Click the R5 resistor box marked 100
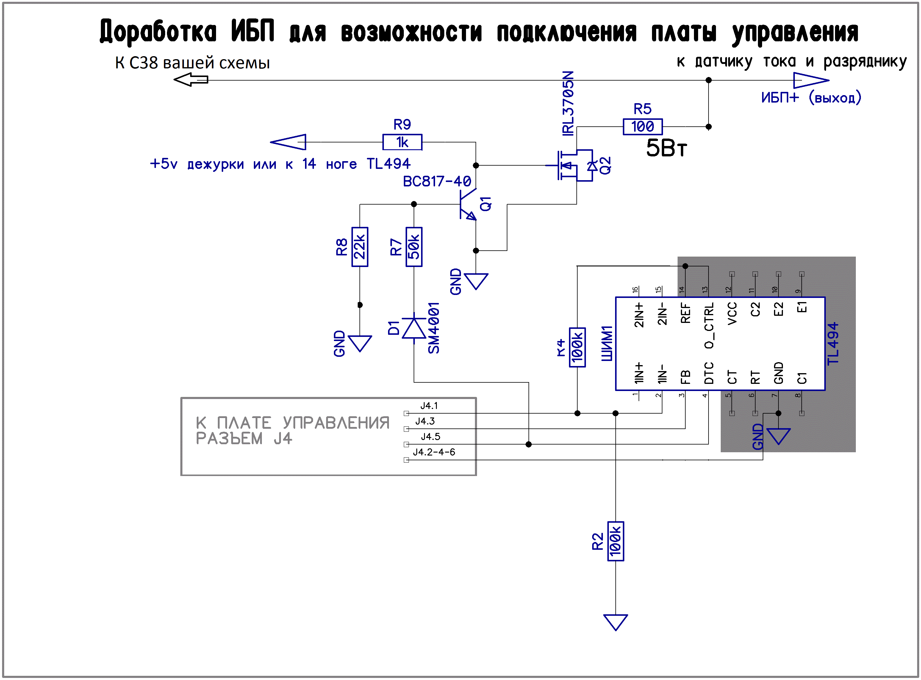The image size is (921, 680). pos(642,126)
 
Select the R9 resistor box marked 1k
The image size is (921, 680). pos(402,142)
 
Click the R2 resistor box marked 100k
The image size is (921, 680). pos(615,541)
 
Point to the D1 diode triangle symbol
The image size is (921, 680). pos(414,328)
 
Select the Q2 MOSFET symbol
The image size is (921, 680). pos(575,166)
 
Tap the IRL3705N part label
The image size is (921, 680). pos(568,103)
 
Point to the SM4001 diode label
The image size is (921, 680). pos(434,328)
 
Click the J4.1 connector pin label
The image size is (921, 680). pos(429,406)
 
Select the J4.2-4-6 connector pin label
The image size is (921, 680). pos(434,452)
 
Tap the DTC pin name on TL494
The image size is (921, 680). pos(709,373)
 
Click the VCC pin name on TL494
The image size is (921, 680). pos(732,314)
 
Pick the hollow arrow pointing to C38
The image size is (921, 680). pos(191,79)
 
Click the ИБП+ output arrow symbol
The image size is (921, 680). pos(810,80)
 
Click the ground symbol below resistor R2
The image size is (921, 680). pos(615,621)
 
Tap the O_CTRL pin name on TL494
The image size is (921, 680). pos(709,326)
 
